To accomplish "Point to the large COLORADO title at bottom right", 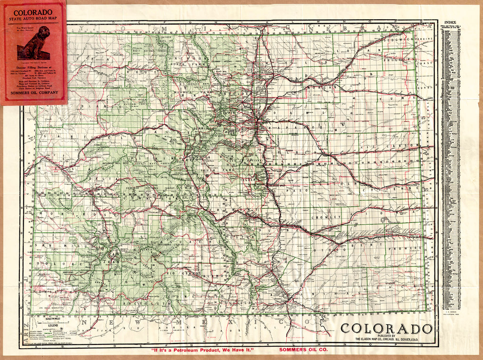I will [386, 328].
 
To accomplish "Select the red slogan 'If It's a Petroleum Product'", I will [202, 350].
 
